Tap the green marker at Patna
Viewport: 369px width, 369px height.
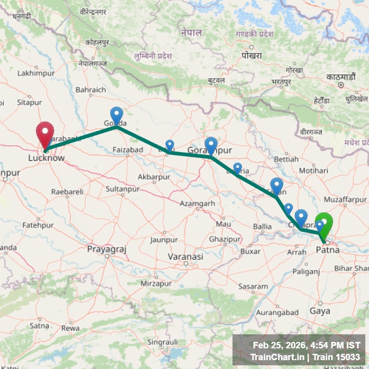pyautogui.click(x=324, y=224)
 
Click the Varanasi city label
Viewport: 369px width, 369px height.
pyautogui.click(x=185, y=256)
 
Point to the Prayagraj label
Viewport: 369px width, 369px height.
pyautogui.click(x=107, y=249)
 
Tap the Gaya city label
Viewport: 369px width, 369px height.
pyautogui.click(x=320, y=311)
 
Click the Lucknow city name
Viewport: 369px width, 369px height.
pyautogui.click(x=46, y=158)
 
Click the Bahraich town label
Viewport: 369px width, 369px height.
pyautogui.click(x=91, y=90)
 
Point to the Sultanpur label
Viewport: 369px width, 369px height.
pyautogui.click(x=123, y=188)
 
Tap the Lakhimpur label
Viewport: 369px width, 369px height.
pyautogui.click(x=36, y=73)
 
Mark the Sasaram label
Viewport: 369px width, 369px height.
pyautogui.click(x=253, y=286)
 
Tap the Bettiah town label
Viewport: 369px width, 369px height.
pyautogui.click(x=286, y=159)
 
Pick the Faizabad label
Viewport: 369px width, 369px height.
pyautogui.click(x=128, y=149)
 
